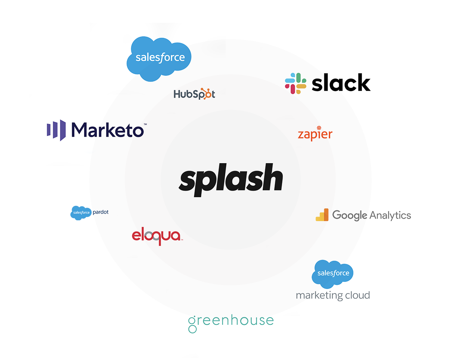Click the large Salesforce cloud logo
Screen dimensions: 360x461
click(159, 58)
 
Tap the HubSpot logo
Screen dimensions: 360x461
click(194, 94)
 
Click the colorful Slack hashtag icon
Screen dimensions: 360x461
click(296, 83)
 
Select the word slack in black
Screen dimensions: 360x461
click(341, 83)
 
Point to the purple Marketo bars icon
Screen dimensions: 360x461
click(56, 130)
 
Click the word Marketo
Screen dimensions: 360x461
click(107, 130)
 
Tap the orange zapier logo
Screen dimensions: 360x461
click(315, 134)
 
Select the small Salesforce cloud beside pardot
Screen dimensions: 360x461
click(81, 212)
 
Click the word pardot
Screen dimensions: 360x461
click(100, 212)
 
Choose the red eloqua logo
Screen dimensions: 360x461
click(157, 236)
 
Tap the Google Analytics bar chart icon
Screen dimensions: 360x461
click(322, 215)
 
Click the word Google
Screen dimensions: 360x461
click(350, 215)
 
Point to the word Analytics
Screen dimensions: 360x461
click(390, 215)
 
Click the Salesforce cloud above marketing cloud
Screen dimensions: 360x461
click(332, 273)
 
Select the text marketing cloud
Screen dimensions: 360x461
click(333, 295)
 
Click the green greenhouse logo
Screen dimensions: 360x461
click(231, 322)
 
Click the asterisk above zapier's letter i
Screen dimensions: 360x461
click(319, 128)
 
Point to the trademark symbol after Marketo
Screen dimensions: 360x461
click(145, 124)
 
